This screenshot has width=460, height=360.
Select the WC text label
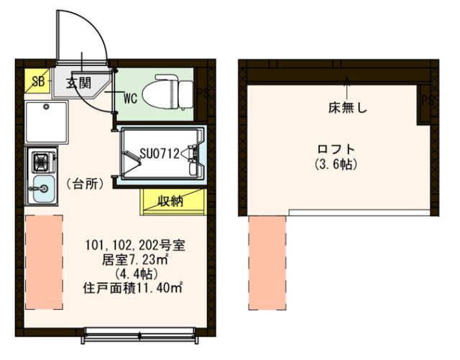[130, 96]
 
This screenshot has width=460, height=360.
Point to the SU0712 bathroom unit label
[159, 152]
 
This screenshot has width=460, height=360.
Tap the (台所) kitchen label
[85, 184]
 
